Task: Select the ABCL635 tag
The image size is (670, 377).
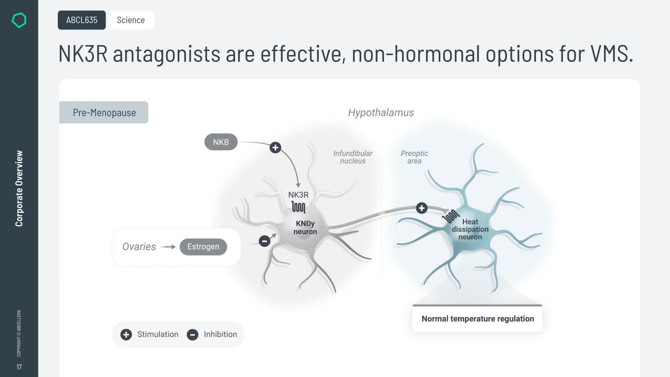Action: pyautogui.click(x=81, y=20)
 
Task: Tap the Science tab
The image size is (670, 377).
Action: pyautogui.click(x=131, y=20)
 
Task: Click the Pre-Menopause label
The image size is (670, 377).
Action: pyautogui.click(x=104, y=112)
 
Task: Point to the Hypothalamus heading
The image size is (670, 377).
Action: pyautogui.click(x=381, y=112)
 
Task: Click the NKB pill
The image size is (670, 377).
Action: pyautogui.click(x=221, y=142)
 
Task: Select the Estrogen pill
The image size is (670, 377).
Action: pyautogui.click(x=203, y=246)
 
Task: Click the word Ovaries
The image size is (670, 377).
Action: pyautogui.click(x=139, y=246)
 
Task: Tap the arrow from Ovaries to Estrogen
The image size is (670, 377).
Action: pyautogui.click(x=168, y=247)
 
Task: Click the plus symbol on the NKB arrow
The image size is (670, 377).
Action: pyautogui.click(x=275, y=147)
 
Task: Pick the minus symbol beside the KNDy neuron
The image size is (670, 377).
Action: pyautogui.click(x=265, y=241)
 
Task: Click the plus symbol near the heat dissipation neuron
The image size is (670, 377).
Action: pyautogui.click(x=422, y=208)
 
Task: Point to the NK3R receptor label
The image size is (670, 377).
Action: pyautogui.click(x=298, y=195)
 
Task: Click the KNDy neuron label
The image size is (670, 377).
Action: pyautogui.click(x=305, y=227)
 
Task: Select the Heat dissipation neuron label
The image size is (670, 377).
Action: pyautogui.click(x=470, y=229)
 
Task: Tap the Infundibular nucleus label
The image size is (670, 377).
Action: pyautogui.click(x=353, y=157)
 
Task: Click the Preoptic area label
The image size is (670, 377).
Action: pyautogui.click(x=414, y=157)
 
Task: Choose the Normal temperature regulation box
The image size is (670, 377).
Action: pyautogui.click(x=478, y=318)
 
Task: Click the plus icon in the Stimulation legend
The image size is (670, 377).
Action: pyautogui.click(x=126, y=334)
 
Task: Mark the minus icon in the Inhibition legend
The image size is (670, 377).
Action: pyautogui.click(x=192, y=334)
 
